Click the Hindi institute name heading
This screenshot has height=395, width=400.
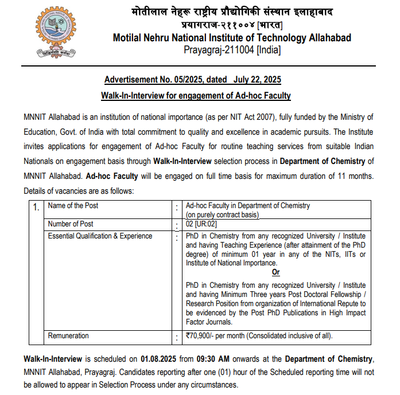click(x=232, y=12)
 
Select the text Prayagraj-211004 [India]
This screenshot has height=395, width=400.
click(x=232, y=50)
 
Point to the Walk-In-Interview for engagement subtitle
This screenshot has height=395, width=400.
click(x=196, y=96)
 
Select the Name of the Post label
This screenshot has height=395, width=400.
click(x=73, y=205)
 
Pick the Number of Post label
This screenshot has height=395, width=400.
click(x=71, y=224)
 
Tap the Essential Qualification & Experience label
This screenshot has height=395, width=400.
click(x=100, y=236)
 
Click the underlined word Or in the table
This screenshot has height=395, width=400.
click(x=276, y=272)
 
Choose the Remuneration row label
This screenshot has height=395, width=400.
click(x=68, y=336)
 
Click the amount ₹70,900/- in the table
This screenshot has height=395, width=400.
click(x=204, y=336)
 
